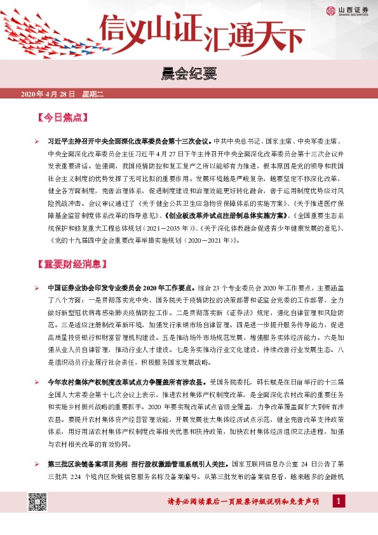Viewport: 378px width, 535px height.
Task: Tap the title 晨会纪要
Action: pos(189,75)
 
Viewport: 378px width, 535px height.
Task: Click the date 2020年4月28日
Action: pos(48,95)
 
